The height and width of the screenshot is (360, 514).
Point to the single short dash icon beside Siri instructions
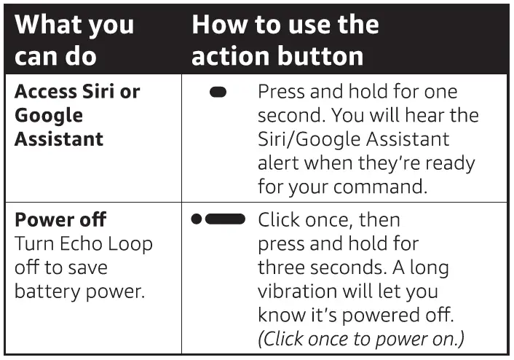point(218,93)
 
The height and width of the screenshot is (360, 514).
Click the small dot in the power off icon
point(196,219)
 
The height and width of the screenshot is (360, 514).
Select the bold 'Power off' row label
point(60,220)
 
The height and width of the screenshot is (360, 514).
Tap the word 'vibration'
point(295,291)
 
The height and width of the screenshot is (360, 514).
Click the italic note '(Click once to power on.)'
point(360,340)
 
